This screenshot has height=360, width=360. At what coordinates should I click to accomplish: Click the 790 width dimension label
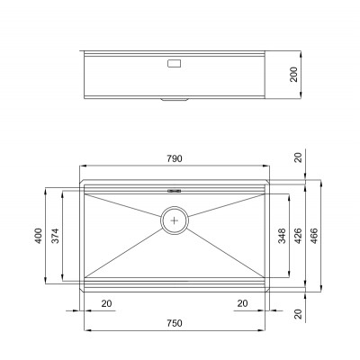(x=175, y=158)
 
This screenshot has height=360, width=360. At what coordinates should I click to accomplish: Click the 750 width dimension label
(x=175, y=323)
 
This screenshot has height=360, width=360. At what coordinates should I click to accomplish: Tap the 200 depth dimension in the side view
(x=294, y=75)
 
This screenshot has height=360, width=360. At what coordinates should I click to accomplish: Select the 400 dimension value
(x=39, y=236)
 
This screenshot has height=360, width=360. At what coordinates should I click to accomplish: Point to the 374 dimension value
(x=56, y=236)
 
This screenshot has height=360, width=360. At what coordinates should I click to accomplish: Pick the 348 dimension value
(x=282, y=236)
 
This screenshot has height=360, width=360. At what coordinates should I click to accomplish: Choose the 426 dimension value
(x=298, y=236)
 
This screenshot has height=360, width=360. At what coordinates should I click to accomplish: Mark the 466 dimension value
(x=314, y=236)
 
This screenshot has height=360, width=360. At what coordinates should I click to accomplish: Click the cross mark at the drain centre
(x=175, y=220)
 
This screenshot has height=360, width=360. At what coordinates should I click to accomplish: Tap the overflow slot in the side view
(x=174, y=64)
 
